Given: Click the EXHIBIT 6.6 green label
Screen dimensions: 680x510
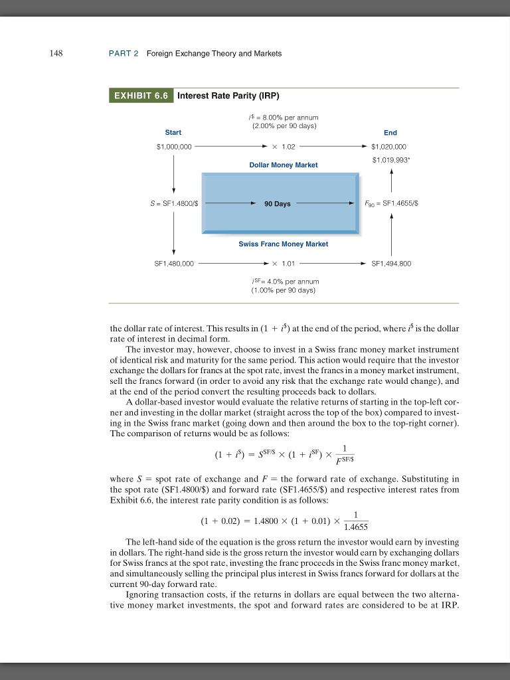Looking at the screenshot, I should tap(141, 96).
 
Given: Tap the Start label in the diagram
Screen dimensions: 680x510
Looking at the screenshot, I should tap(173, 133).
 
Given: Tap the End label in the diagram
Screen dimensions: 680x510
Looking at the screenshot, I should tap(390, 133).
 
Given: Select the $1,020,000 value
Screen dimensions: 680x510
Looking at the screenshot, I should tap(389, 147).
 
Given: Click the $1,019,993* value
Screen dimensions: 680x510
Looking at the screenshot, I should tap(390, 159).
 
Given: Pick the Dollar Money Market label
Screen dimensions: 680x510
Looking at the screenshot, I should tap(283, 164).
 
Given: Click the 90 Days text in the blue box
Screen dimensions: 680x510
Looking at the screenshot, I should tap(277, 204).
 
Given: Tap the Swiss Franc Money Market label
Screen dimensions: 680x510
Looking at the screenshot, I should tap(283, 244).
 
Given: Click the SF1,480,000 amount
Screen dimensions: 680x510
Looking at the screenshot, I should tap(174, 264).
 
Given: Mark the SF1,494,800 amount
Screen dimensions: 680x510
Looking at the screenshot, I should tap(392, 264).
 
